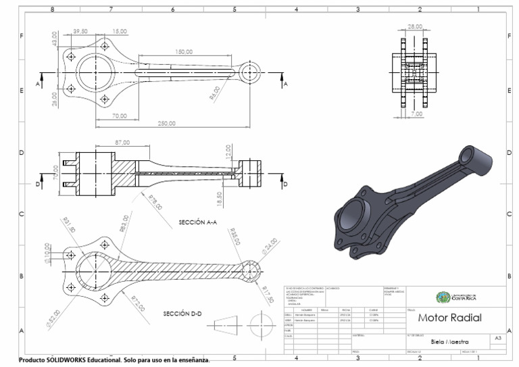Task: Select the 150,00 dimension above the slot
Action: (183, 52)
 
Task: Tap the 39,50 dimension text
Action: (80, 31)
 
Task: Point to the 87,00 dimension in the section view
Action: (104, 143)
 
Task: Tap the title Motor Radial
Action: (449, 317)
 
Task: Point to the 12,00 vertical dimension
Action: (228, 153)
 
